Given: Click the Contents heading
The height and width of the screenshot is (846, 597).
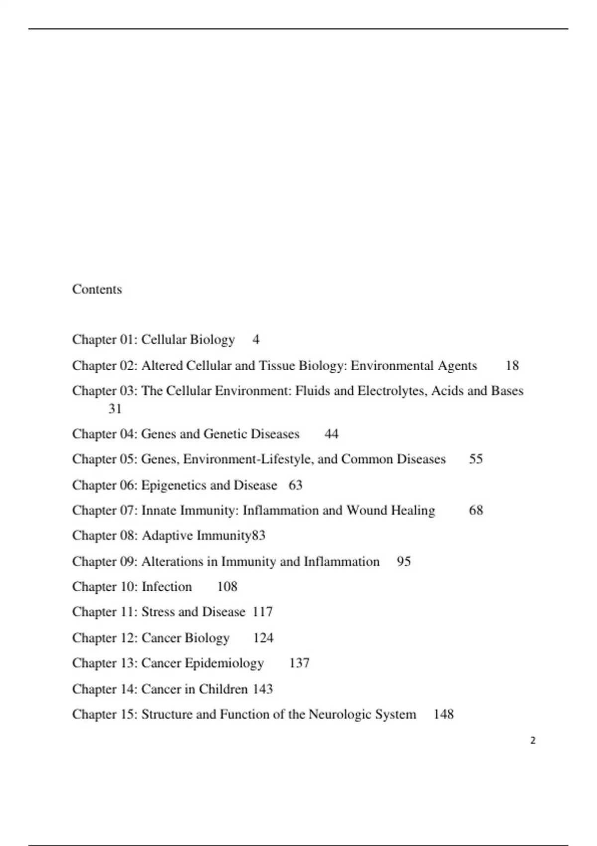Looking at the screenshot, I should point(97,289).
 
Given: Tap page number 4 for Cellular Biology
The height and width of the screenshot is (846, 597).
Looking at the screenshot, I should point(256,339).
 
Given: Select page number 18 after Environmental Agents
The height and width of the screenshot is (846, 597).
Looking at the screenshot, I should point(512,366).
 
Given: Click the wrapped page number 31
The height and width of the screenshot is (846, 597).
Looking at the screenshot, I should point(115,409).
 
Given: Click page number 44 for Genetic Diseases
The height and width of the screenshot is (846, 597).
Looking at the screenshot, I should point(331,434).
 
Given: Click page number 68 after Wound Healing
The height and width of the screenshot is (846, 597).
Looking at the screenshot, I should point(476,510).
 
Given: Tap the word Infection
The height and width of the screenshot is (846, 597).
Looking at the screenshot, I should point(167,587).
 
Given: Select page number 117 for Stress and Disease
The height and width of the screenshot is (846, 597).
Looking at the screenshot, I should point(263,612).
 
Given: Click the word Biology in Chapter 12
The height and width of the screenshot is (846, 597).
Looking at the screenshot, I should point(207,638).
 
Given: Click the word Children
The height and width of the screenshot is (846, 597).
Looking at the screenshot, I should point(223,689).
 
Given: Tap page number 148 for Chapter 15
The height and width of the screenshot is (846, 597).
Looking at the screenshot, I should point(443,714).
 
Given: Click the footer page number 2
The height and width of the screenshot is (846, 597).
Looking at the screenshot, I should point(533,740).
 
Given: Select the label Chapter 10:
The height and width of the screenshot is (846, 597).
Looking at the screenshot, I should point(104,587).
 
